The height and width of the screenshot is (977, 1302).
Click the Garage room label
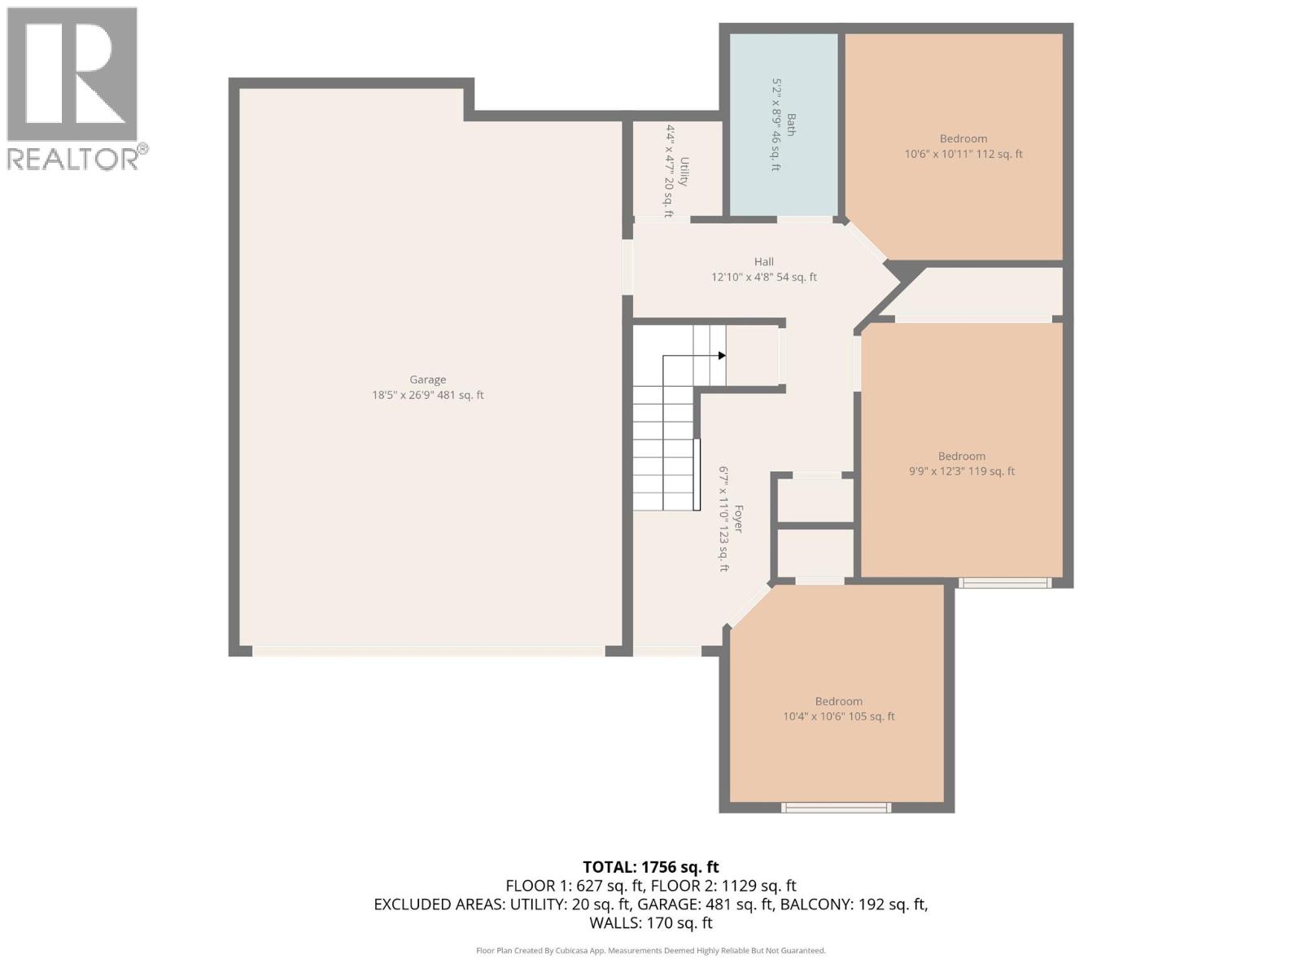427,379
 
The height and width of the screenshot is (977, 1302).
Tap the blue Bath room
783,122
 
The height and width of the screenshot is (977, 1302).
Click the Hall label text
763,262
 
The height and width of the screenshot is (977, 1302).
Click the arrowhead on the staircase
722,356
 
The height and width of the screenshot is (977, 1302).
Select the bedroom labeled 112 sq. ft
954,147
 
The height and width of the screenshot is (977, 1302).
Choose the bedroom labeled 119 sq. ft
961,463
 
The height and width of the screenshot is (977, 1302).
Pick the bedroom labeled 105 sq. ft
837,708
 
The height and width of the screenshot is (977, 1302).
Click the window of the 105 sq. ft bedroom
836,808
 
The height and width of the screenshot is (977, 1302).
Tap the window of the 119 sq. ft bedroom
1004,582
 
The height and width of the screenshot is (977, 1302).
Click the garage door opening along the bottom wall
428,651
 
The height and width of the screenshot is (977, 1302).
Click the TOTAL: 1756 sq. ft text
650,867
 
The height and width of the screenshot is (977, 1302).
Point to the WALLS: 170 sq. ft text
650,923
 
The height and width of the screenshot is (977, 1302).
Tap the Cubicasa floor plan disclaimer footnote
650,951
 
